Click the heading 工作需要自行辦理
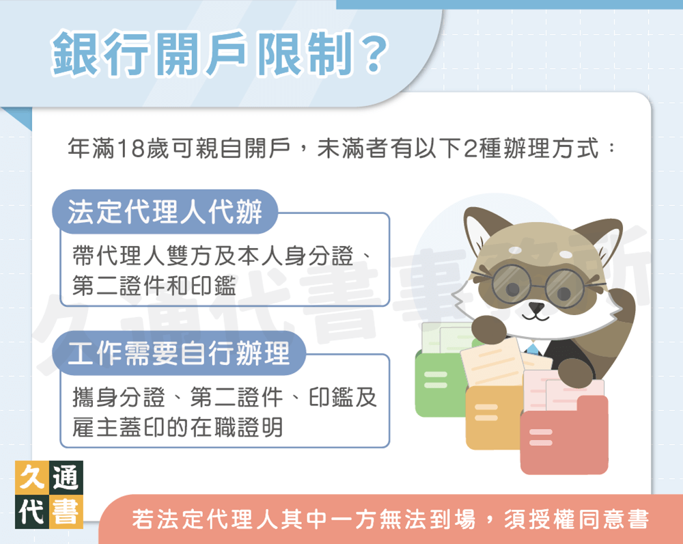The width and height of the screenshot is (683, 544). coord(179,354)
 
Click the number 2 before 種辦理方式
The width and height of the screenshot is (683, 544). coord(469,148)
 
